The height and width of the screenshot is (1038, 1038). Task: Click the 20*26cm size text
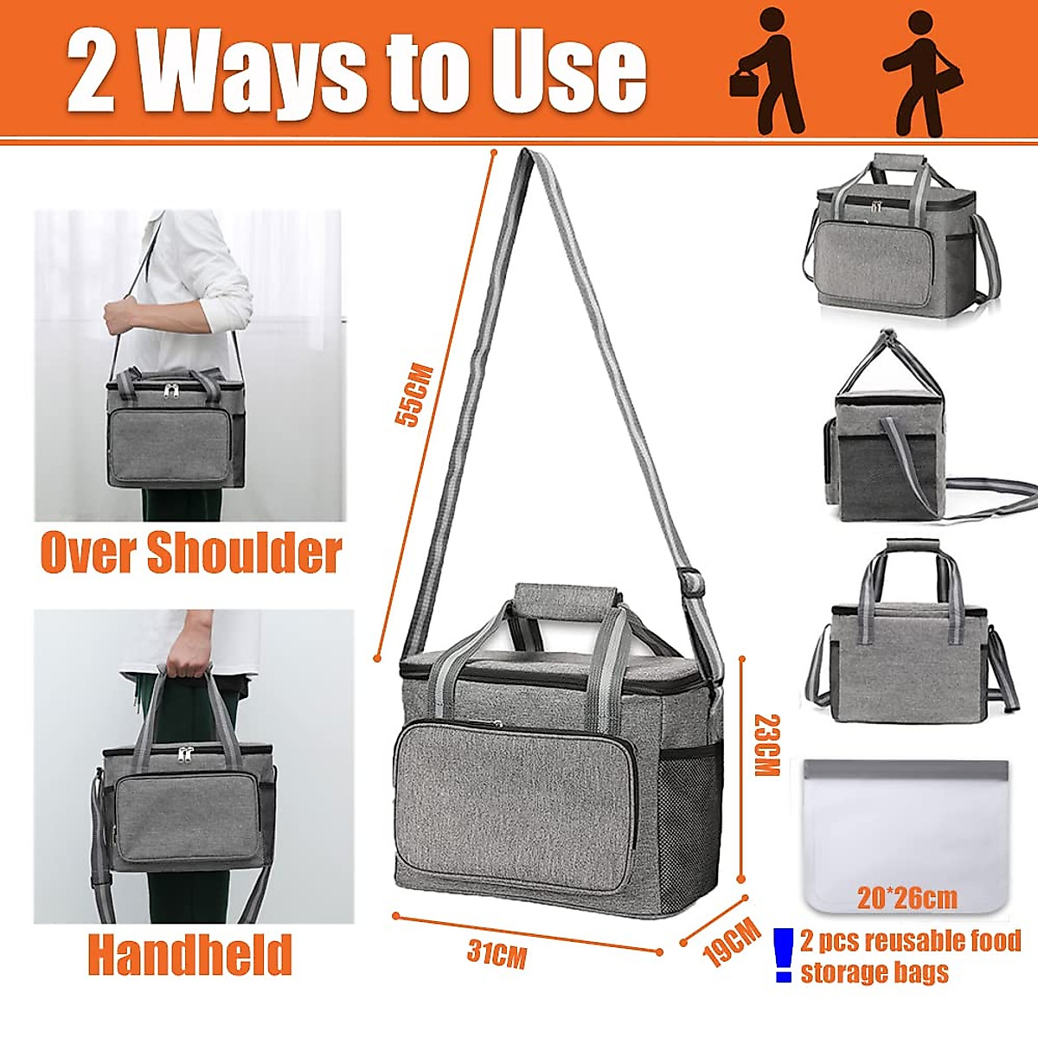click(907, 899)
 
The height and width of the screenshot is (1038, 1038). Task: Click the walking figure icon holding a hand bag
click(766, 82)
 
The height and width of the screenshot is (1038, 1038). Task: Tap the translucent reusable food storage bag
click(906, 830)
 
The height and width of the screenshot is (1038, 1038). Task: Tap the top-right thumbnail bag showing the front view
click(900, 234)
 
